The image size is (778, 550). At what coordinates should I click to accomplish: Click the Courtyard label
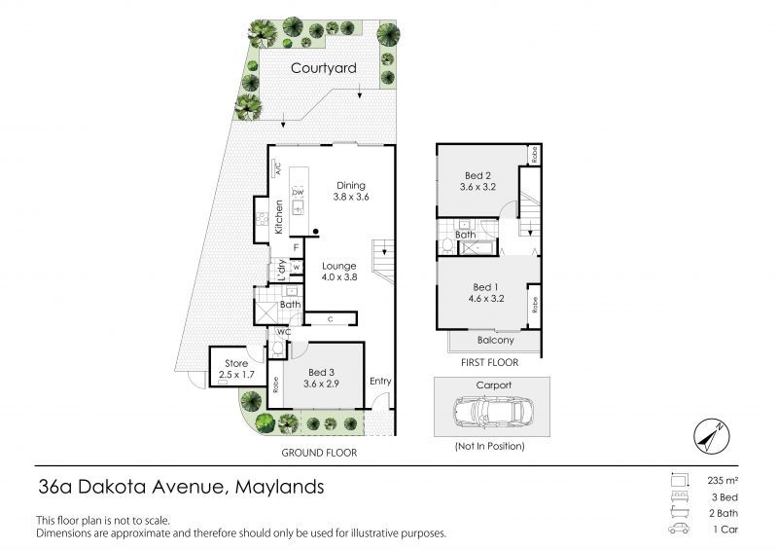(323, 68)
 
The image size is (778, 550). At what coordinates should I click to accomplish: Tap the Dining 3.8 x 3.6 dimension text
(350, 198)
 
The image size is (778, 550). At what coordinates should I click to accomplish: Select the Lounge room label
(340, 266)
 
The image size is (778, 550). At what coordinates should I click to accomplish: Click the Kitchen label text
(278, 216)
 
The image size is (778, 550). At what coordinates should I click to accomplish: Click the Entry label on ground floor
(380, 381)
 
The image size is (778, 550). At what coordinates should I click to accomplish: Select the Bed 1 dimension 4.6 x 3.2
(482, 301)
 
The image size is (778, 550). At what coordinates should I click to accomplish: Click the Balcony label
(495, 341)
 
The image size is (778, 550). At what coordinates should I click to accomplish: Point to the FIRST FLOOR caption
(491, 362)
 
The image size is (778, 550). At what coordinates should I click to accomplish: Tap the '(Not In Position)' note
(489, 446)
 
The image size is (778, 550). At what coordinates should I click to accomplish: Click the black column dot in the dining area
(316, 231)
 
